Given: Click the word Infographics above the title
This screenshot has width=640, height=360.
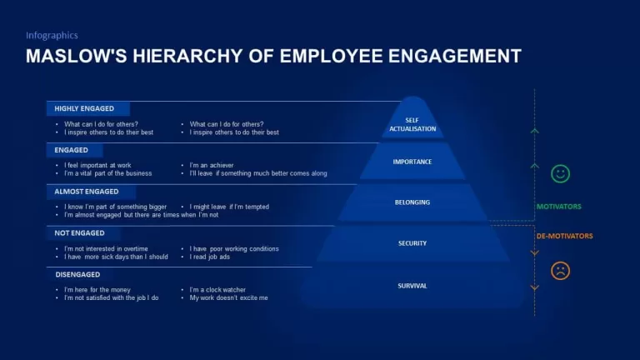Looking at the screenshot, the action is pos(52,36).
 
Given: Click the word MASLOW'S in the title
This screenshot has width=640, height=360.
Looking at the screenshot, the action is pos(77,56).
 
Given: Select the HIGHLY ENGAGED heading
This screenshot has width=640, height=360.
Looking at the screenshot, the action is pos(84,108).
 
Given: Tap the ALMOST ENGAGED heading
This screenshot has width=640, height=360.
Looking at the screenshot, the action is pos(87,192).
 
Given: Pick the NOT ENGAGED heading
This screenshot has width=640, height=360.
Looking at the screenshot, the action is pos(80,233).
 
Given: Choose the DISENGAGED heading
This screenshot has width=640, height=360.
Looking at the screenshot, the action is pos(77,275).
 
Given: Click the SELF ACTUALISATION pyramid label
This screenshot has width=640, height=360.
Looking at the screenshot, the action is pos(412,124).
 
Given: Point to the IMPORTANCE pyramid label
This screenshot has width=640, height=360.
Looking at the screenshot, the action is pos(412,162).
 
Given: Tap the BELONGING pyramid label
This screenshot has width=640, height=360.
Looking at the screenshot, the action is pos(412,202).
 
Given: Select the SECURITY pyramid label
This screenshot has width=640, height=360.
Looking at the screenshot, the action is pos(412,243).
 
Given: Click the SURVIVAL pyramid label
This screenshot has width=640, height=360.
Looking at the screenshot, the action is pos(412,286).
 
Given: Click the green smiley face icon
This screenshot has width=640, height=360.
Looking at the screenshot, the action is pos(560,174).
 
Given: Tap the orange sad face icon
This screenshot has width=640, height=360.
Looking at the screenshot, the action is pos(560,271).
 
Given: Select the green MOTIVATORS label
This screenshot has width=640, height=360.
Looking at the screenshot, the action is pos(559,207).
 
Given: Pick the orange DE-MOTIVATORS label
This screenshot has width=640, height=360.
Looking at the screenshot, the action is pos(564,236).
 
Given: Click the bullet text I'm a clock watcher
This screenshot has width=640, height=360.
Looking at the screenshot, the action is pos(217,290).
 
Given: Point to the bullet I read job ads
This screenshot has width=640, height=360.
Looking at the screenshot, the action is pos(209,257).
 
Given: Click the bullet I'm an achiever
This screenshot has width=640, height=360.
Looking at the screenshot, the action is pos(212,165).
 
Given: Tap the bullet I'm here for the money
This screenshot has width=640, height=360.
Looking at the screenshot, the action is pos(97,290).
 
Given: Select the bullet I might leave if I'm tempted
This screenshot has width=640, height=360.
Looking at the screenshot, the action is pos(229,207).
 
